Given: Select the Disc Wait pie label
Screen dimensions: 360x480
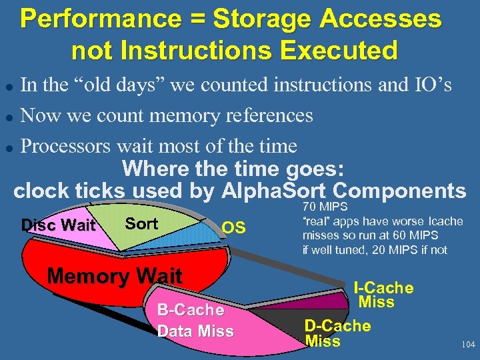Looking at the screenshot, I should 58,225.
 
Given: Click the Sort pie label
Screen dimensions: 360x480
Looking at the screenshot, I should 141,223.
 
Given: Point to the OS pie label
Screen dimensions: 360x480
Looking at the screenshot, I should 233,229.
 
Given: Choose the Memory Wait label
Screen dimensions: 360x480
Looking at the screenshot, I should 115,275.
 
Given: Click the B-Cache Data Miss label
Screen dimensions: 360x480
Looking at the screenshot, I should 195,321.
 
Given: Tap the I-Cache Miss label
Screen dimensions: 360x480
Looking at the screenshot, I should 383,295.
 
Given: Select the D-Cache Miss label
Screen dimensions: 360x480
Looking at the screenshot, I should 337,333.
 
